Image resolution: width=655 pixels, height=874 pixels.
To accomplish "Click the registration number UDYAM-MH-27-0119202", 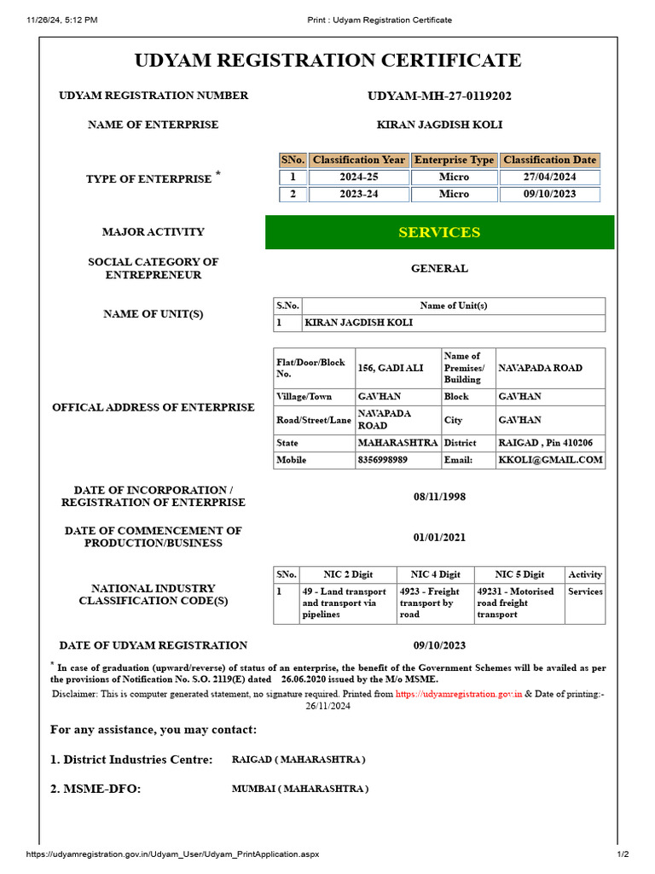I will pyautogui.click(x=439, y=96).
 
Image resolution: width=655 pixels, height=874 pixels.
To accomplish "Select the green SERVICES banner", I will pyautogui.click(x=439, y=232).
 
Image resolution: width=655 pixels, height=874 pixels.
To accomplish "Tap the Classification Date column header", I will pyautogui.click(x=550, y=160).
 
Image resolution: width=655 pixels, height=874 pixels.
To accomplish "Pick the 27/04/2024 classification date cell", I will pyautogui.click(x=550, y=177).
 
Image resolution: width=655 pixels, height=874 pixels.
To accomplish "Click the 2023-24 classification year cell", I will pyautogui.click(x=358, y=194).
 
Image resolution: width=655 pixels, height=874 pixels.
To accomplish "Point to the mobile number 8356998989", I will pyautogui.click(x=382, y=459).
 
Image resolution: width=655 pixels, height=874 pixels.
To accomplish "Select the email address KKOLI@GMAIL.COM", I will pyautogui.click(x=550, y=459).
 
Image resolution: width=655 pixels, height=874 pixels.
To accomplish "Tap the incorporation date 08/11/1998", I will pyautogui.click(x=439, y=497).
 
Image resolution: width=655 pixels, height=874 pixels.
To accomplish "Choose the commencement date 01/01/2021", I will pyautogui.click(x=439, y=537).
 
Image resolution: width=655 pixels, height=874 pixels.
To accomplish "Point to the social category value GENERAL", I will pyautogui.click(x=439, y=269).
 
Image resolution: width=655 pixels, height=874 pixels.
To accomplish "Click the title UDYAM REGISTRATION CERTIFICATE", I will pyautogui.click(x=327, y=61).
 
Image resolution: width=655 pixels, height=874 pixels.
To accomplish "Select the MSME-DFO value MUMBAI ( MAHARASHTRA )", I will pyautogui.click(x=300, y=789).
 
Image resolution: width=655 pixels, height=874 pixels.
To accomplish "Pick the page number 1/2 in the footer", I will pyautogui.click(x=623, y=854).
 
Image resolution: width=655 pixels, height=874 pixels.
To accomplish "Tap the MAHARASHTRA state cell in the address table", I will pyautogui.click(x=397, y=443).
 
